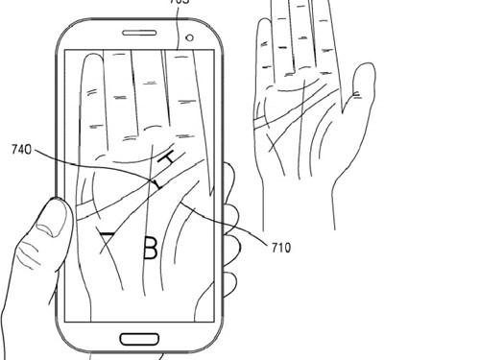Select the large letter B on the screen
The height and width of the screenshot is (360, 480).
[150, 249]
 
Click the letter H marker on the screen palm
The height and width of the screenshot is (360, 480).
[170, 158]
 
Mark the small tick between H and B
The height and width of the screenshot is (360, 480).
[156, 181]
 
